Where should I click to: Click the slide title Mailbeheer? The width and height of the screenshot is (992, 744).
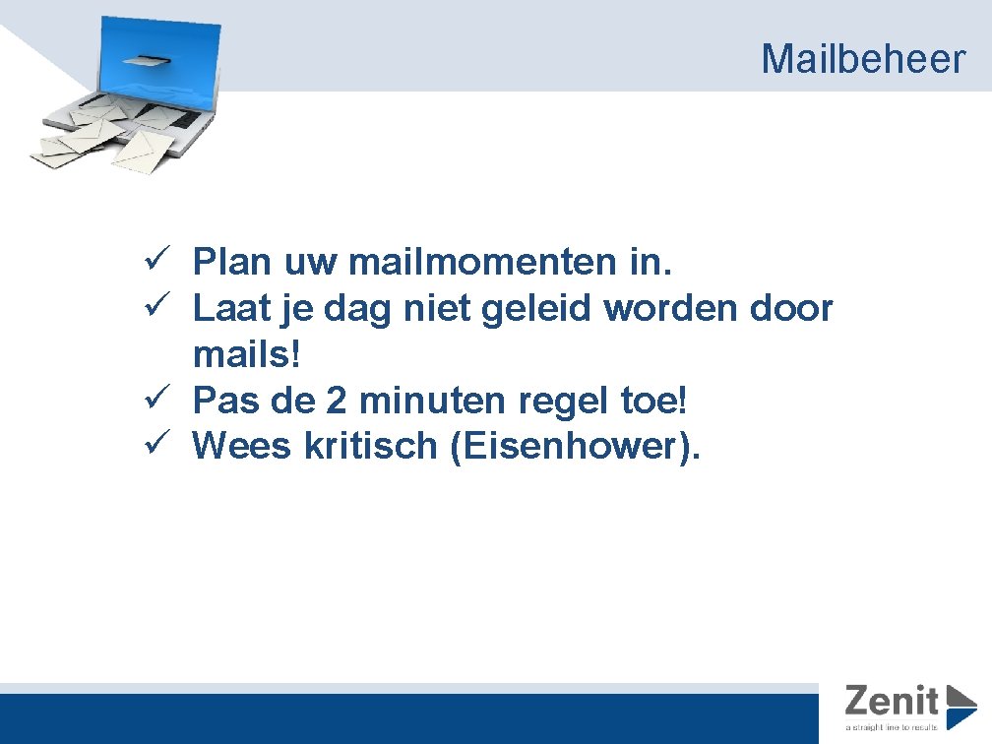[863, 59]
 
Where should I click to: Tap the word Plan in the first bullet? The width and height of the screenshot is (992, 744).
[232, 263]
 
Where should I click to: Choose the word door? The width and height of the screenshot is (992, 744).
[793, 309]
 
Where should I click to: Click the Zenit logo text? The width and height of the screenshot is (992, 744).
[891, 701]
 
